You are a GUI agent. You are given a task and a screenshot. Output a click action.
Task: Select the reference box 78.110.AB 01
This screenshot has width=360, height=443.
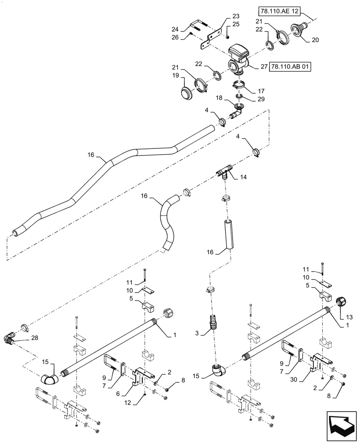290,67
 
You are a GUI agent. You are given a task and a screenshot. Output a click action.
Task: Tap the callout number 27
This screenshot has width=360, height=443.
263,67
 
